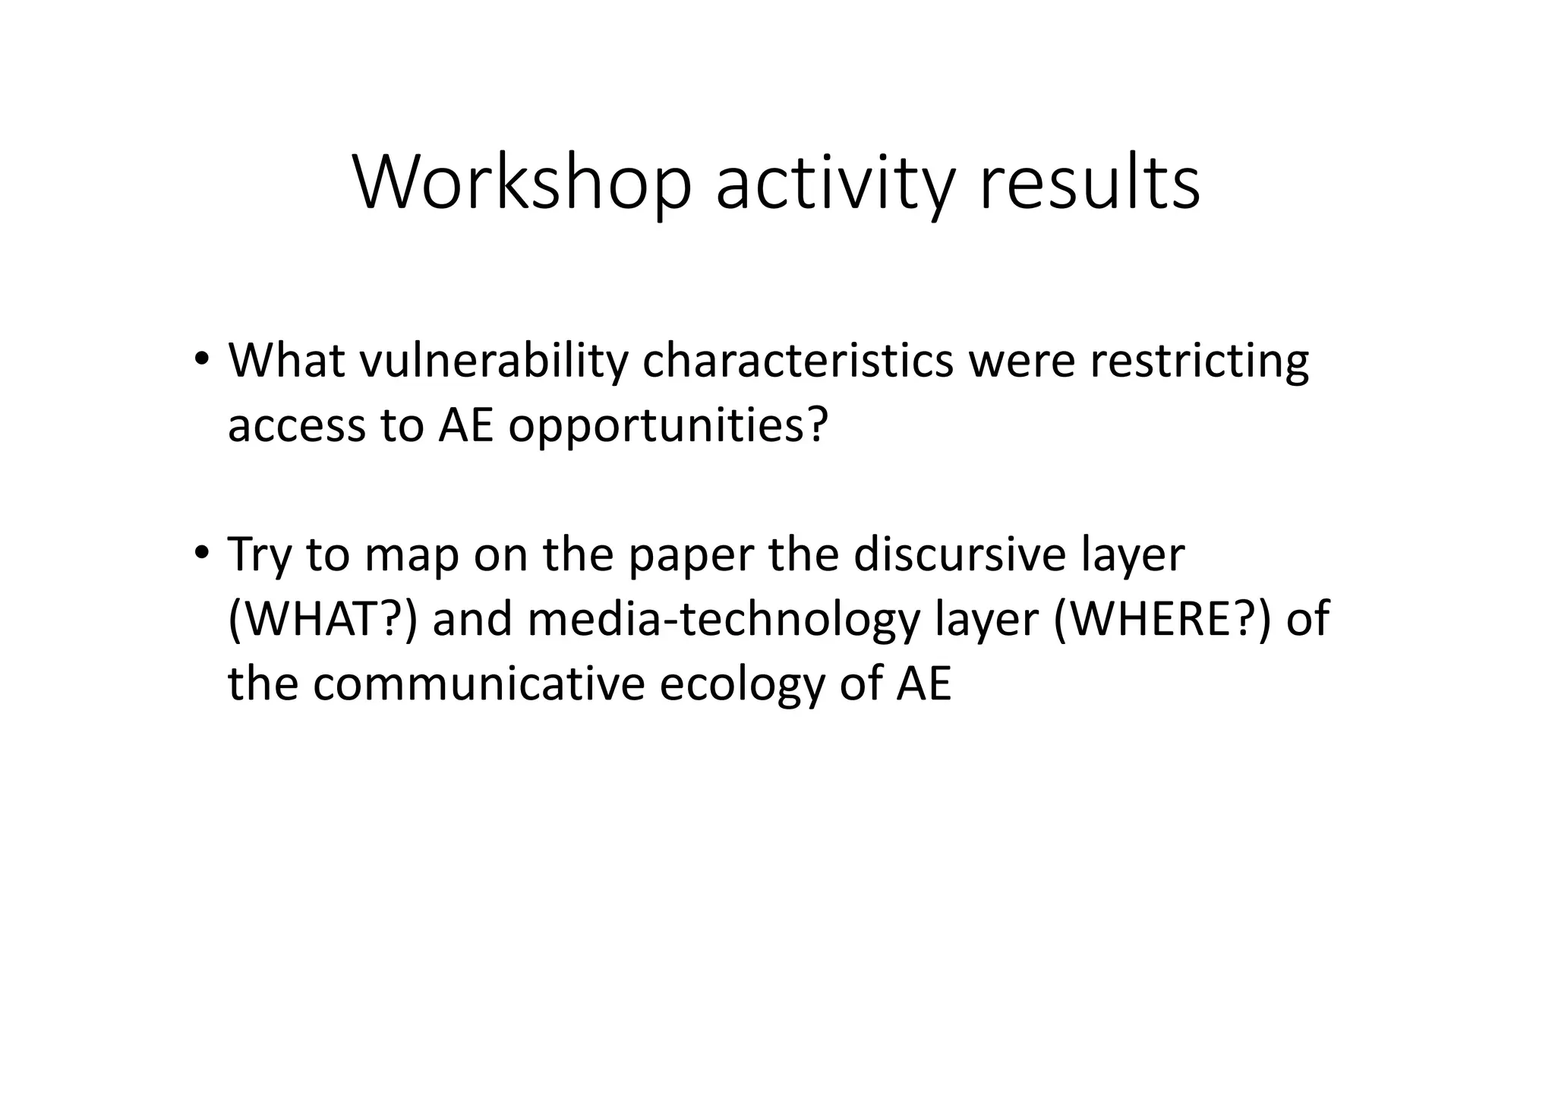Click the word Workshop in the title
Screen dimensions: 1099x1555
point(522,183)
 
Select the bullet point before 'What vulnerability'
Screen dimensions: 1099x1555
point(200,358)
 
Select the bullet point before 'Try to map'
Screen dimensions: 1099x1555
point(200,553)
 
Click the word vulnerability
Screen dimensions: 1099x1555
point(494,362)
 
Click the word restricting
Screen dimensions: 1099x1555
point(1199,362)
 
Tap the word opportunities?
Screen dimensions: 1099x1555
point(667,427)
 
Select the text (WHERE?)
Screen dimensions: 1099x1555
point(1162,619)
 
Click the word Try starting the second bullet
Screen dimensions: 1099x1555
point(260,557)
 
